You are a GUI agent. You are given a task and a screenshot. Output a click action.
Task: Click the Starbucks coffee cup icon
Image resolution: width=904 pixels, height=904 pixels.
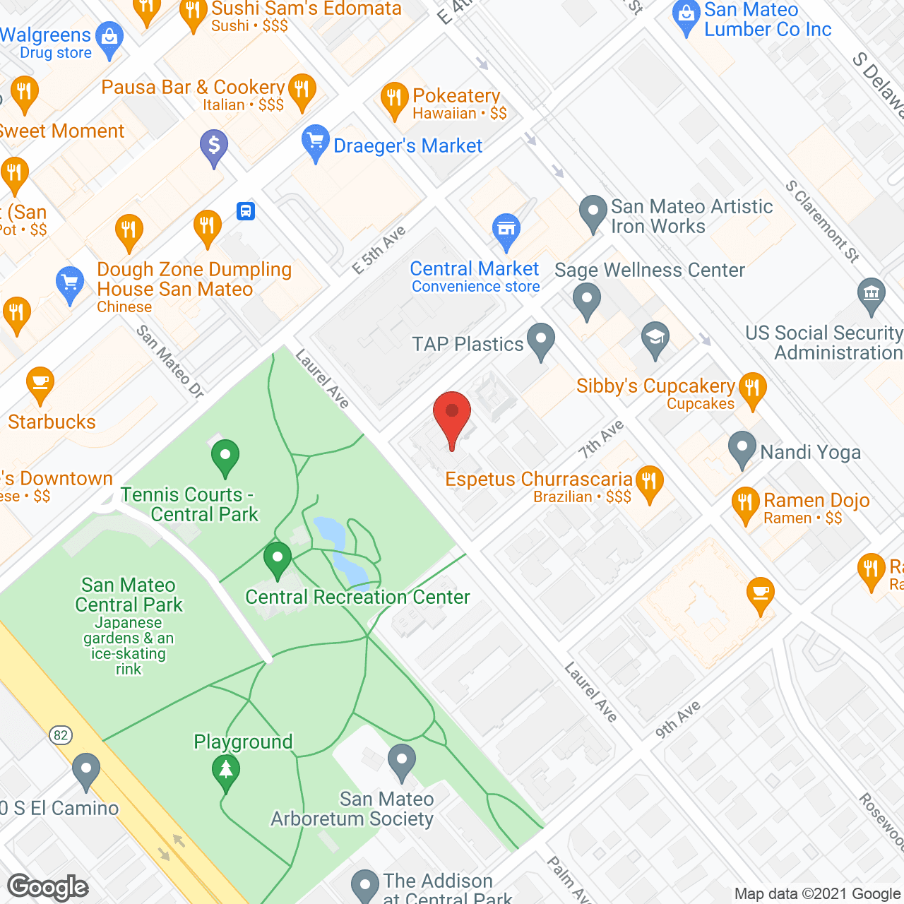click(40, 386)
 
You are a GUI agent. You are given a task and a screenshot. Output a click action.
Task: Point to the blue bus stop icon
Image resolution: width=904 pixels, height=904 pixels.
click(246, 211)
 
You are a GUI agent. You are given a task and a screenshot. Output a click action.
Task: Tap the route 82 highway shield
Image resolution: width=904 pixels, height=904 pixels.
click(61, 735)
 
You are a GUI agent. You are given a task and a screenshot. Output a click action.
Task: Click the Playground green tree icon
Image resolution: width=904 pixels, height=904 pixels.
click(226, 770)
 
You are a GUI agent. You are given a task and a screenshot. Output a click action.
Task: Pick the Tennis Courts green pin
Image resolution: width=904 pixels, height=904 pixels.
click(225, 456)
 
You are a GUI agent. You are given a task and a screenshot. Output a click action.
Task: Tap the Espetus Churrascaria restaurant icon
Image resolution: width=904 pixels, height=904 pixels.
click(649, 483)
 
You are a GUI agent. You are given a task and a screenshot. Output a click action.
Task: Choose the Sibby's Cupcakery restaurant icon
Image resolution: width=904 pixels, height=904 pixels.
click(752, 389)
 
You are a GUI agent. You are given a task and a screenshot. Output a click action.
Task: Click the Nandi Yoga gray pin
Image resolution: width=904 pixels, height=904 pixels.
click(742, 448)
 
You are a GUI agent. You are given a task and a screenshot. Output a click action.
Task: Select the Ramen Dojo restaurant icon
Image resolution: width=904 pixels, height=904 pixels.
click(745, 504)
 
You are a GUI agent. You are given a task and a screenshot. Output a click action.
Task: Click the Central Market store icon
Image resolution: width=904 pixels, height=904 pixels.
click(506, 230)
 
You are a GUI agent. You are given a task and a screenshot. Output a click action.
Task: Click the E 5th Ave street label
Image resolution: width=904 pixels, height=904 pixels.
click(379, 250)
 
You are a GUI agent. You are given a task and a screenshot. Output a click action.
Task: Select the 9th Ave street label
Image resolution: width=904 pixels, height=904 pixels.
click(677, 719)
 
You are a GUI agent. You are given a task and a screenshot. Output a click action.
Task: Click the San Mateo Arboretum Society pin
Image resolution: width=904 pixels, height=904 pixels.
click(402, 761)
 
